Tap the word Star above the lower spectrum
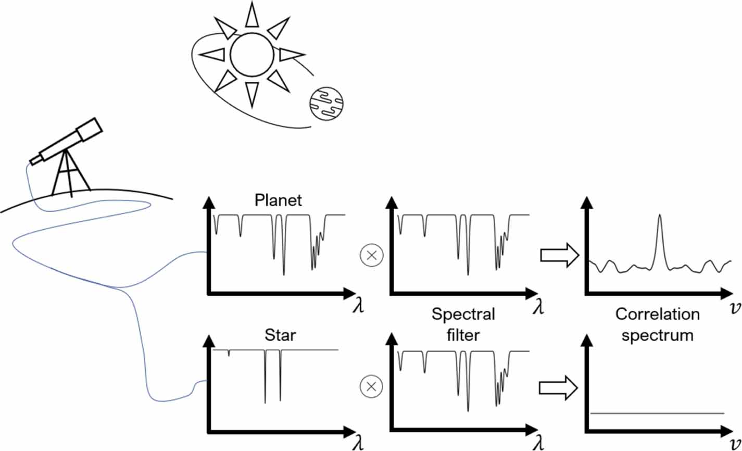click(x=278, y=336)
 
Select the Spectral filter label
click(x=463, y=325)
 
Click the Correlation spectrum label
click(x=657, y=325)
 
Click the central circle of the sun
click(x=251, y=54)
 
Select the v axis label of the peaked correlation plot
click(x=733, y=306)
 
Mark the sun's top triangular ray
click(x=252, y=15)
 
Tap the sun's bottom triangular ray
click(x=252, y=94)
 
